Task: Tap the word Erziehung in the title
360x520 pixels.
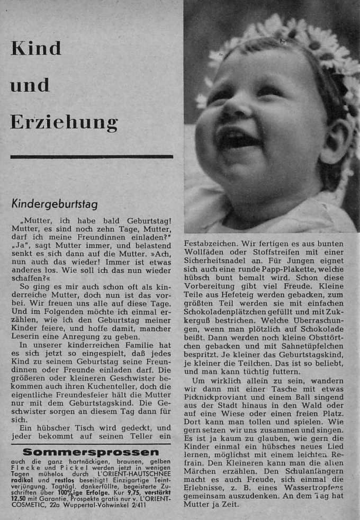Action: [64, 122]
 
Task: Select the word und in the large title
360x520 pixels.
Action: [30, 85]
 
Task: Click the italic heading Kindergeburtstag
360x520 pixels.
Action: [55, 204]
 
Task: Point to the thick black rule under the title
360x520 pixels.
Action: [92, 157]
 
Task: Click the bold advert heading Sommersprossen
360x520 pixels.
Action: [92, 452]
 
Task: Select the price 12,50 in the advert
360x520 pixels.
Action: [19, 498]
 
